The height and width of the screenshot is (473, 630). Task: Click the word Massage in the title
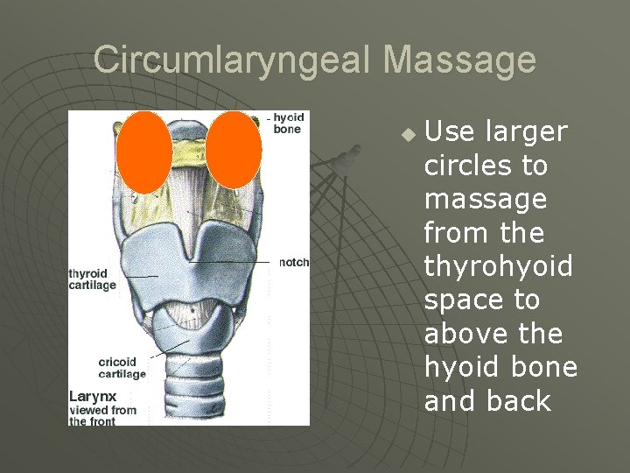coord(459,60)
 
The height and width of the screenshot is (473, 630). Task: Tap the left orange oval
coord(144,152)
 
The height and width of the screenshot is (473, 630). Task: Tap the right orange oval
coord(234,149)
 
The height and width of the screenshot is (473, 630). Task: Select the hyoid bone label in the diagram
coord(287,124)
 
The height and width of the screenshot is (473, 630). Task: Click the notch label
coord(294,262)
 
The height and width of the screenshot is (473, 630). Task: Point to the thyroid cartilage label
coord(93,279)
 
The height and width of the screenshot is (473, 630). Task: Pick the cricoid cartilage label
coord(122,368)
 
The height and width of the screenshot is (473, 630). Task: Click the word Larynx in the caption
coord(93,397)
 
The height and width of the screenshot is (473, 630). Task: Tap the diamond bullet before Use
coord(407,135)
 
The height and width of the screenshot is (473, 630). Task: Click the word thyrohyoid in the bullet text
coord(498,266)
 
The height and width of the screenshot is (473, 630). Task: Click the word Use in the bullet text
coord(449,132)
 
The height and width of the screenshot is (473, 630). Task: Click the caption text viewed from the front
coord(103,415)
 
